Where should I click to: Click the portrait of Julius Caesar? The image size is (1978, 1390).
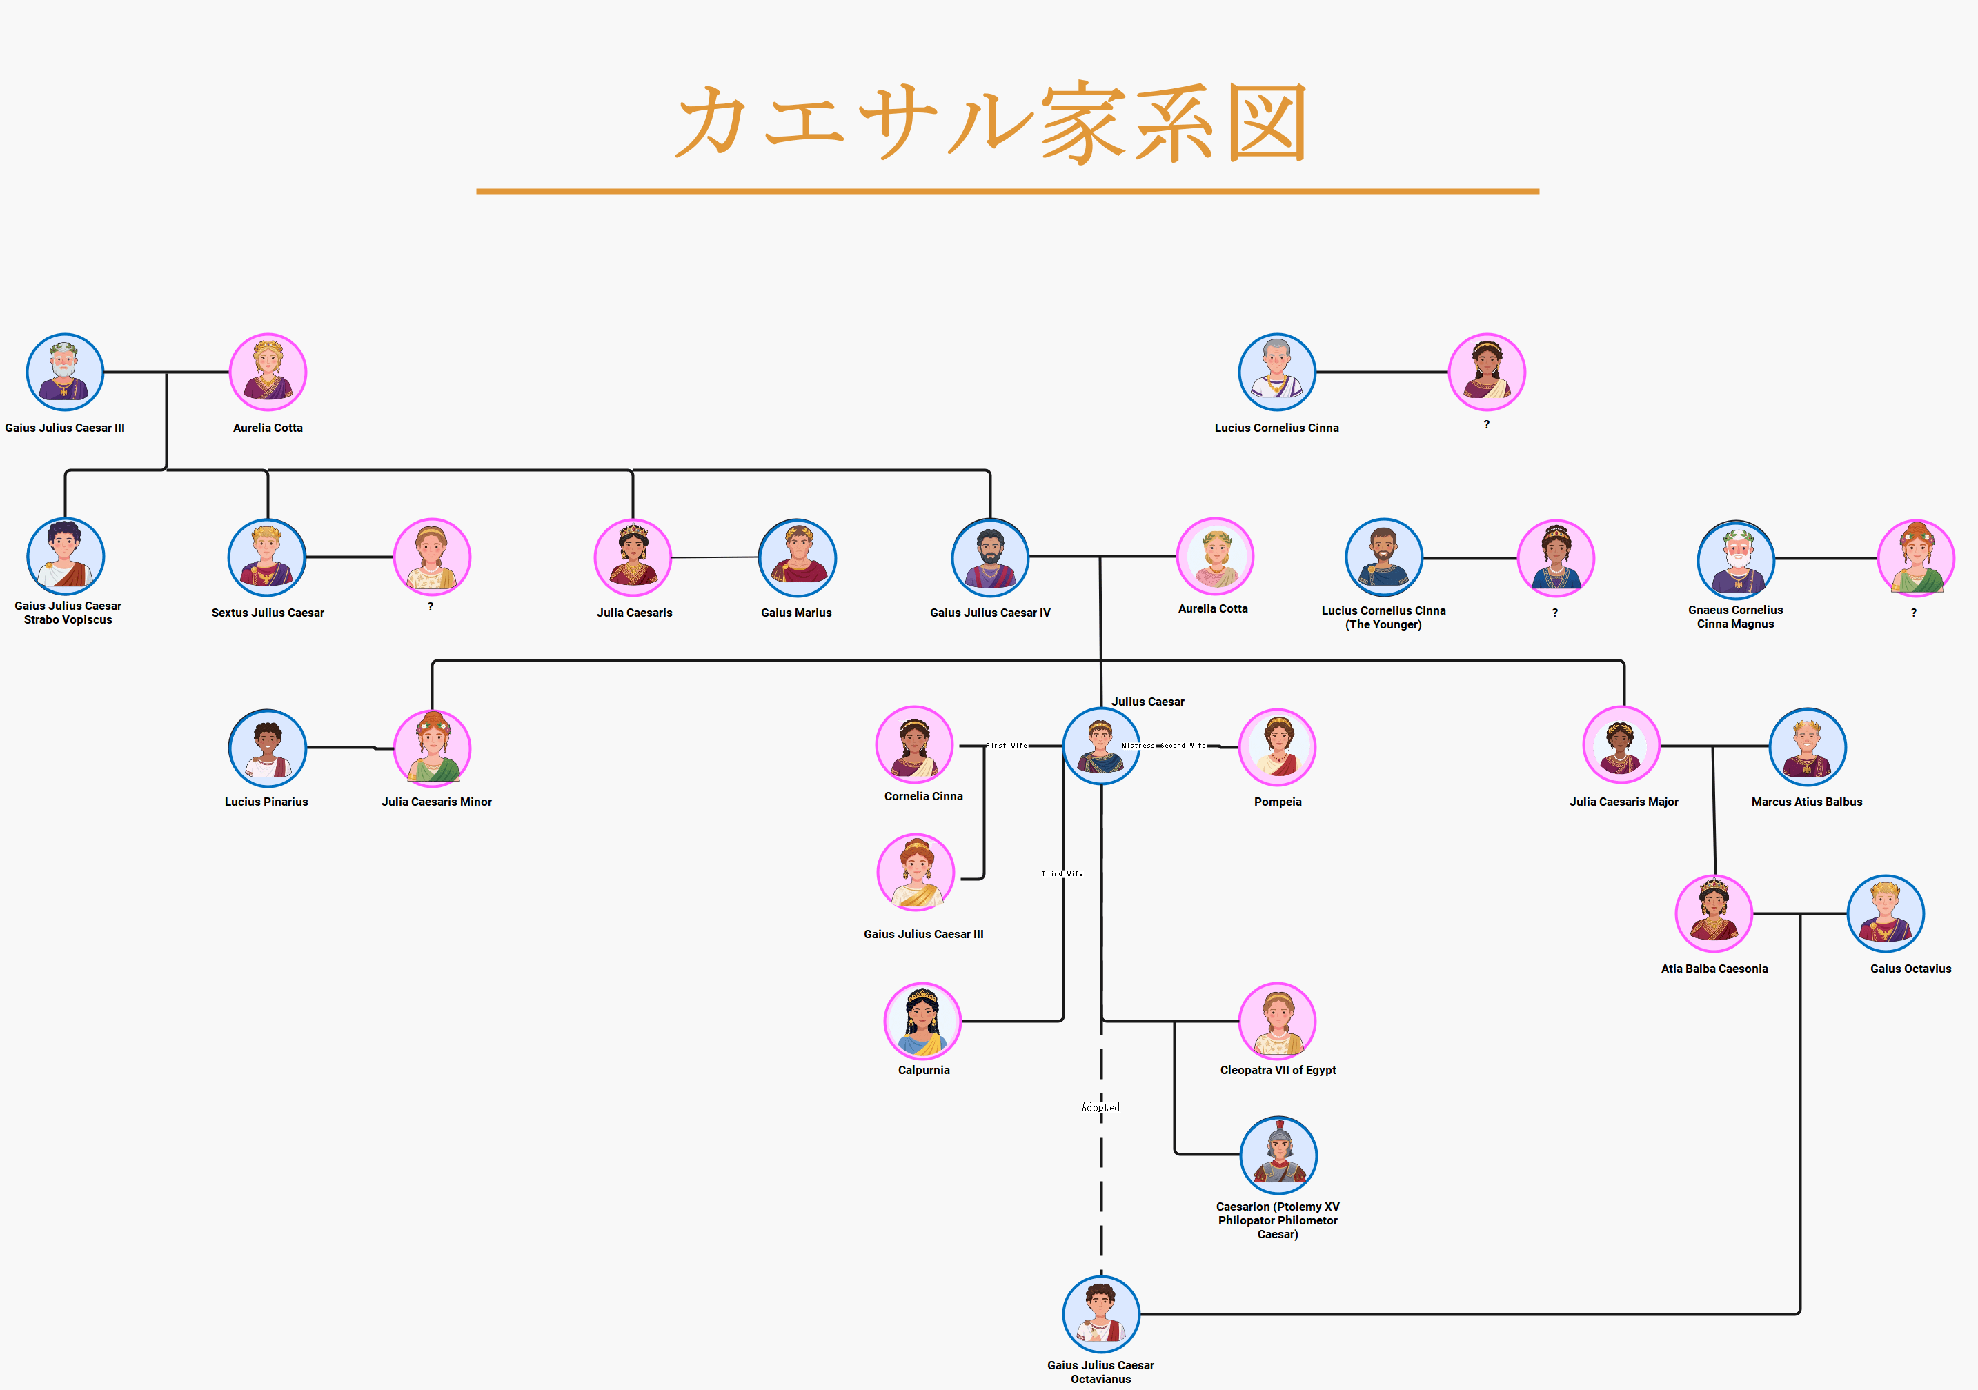coord(1100,746)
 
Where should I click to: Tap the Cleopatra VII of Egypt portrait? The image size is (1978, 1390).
coord(1277,1020)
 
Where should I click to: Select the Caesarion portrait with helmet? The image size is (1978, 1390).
coord(1278,1155)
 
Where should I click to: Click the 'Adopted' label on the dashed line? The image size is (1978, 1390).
coord(1100,1108)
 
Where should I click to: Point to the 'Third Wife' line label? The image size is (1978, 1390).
coord(1062,873)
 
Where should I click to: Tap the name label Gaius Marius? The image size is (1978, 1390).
coord(796,613)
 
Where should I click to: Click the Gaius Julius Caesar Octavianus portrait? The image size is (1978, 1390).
coord(1100,1314)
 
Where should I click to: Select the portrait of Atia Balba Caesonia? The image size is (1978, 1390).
coord(1714,913)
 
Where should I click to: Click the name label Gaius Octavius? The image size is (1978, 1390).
coord(1910,969)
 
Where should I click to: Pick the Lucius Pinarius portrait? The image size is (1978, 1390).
coord(267,748)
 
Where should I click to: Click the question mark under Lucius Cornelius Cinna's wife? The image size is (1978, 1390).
coord(1486,424)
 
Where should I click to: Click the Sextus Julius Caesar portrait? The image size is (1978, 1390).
coord(267,557)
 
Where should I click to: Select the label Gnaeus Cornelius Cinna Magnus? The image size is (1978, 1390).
coord(1735,617)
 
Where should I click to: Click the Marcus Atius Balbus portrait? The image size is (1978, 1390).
coord(1807,746)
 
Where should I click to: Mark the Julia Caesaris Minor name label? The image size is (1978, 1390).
coord(437,802)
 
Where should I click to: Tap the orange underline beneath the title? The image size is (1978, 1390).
coord(1007,191)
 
